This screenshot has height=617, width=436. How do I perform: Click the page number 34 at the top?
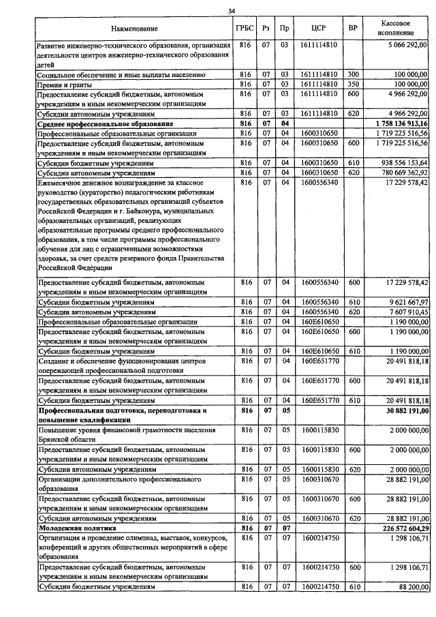point(232,11)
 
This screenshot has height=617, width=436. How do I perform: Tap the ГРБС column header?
point(245,29)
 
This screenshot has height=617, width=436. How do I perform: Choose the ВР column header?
point(353,29)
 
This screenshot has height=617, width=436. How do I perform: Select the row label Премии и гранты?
point(65,84)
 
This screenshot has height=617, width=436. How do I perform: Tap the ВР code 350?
point(353,84)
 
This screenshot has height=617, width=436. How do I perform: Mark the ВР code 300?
point(353,74)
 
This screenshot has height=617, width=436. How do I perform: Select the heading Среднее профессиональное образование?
point(95,123)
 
